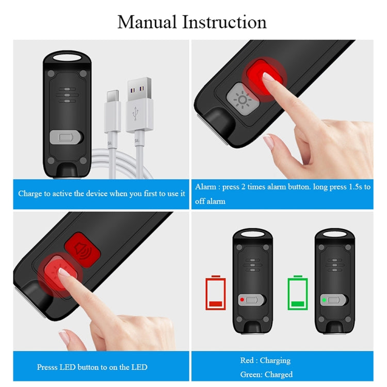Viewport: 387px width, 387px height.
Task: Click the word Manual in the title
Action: point(146,22)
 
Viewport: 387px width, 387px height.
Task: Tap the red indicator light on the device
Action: point(241,299)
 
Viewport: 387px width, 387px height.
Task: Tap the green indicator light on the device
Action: point(324,299)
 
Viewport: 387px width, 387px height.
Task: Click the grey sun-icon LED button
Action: point(240,98)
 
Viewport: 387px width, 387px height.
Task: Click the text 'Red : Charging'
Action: point(265,360)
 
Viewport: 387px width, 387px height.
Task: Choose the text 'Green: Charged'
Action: point(266,374)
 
